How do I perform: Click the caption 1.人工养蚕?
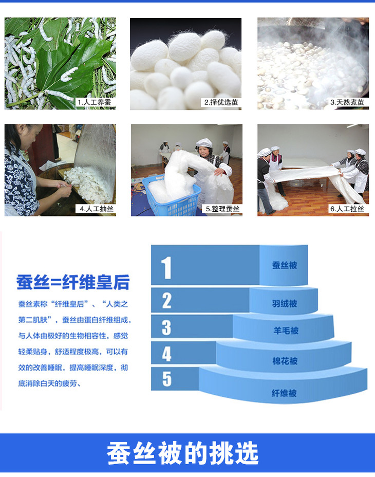(x=95, y=102)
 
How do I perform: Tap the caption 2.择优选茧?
(x=221, y=102)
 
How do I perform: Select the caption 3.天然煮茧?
(x=347, y=102)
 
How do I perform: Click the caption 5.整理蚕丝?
(x=222, y=209)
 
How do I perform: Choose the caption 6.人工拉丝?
(x=347, y=209)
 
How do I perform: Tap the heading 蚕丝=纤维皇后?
(x=73, y=282)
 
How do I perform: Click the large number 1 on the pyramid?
(x=166, y=267)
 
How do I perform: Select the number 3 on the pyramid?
(x=166, y=327)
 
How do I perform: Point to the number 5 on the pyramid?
(x=166, y=379)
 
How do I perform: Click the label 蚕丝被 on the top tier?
(x=285, y=265)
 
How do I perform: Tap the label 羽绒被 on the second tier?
(x=285, y=303)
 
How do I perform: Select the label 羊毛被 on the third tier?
(x=286, y=331)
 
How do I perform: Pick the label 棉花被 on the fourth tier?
(x=285, y=361)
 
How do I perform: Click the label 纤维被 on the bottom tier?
(x=284, y=393)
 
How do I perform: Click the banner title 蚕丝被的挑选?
(x=182, y=453)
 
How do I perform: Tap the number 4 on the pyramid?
(x=166, y=354)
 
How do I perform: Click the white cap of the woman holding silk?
(x=204, y=143)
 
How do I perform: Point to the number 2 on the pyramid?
(x=166, y=301)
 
